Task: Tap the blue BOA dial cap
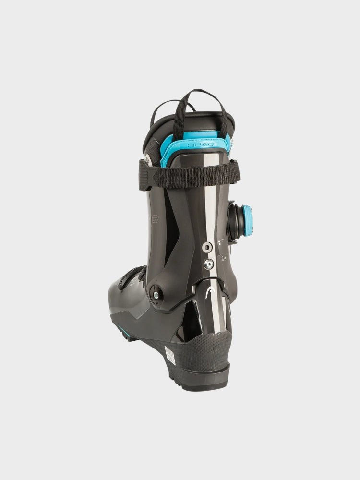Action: click(247, 220)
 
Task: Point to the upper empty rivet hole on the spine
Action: click(207, 247)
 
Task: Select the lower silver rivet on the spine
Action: click(208, 264)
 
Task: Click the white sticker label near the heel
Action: click(170, 356)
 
